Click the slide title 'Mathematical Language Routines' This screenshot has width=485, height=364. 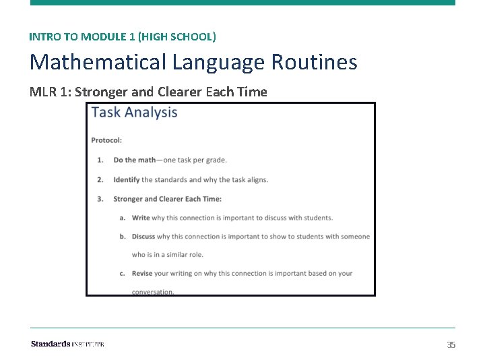click(193, 63)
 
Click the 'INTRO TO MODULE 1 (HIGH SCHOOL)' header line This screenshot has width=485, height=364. click(123, 36)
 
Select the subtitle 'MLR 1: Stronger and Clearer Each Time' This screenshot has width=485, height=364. click(148, 92)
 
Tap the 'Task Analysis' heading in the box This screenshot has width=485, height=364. click(135, 113)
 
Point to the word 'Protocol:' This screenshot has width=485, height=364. click(106, 140)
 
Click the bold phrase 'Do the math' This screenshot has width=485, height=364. click(134, 160)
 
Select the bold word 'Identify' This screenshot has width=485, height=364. click(127, 179)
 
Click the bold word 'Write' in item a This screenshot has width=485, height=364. click(141, 218)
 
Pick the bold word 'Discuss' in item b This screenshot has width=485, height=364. click(143, 237)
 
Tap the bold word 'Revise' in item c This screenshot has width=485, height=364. click(142, 273)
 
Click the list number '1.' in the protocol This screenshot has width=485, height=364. click(100, 160)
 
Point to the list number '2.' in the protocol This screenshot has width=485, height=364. click(100, 179)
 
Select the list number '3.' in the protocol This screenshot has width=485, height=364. click(100, 199)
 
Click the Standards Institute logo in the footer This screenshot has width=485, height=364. click(67, 344)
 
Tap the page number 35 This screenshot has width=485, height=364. click(451, 344)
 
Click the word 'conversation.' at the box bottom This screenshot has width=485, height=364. click(153, 292)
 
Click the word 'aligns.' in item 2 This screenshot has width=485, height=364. click(257, 179)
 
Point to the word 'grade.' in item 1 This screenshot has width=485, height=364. click(216, 160)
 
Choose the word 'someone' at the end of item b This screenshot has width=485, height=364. click(354, 237)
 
